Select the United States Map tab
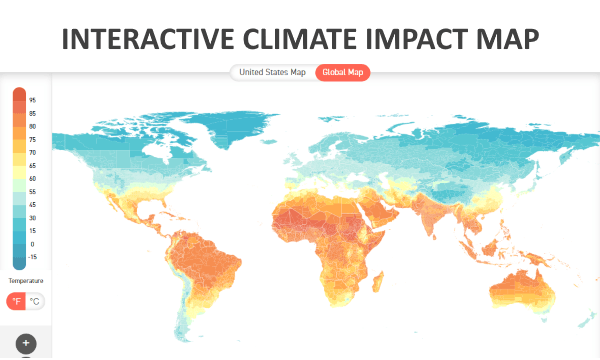click(x=272, y=72)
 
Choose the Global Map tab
click(x=342, y=72)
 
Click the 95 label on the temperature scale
click(x=33, y=100)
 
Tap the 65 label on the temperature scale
click(x=33, y=165)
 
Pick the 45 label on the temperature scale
click(x=33, y=204)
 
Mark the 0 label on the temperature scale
click(x=33, y=243)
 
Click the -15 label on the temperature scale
click(x=33, y=256)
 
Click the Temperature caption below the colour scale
click(x=26, y=281)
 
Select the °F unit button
click(x=16, y=301)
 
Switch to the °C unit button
click(x=35, y=301)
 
